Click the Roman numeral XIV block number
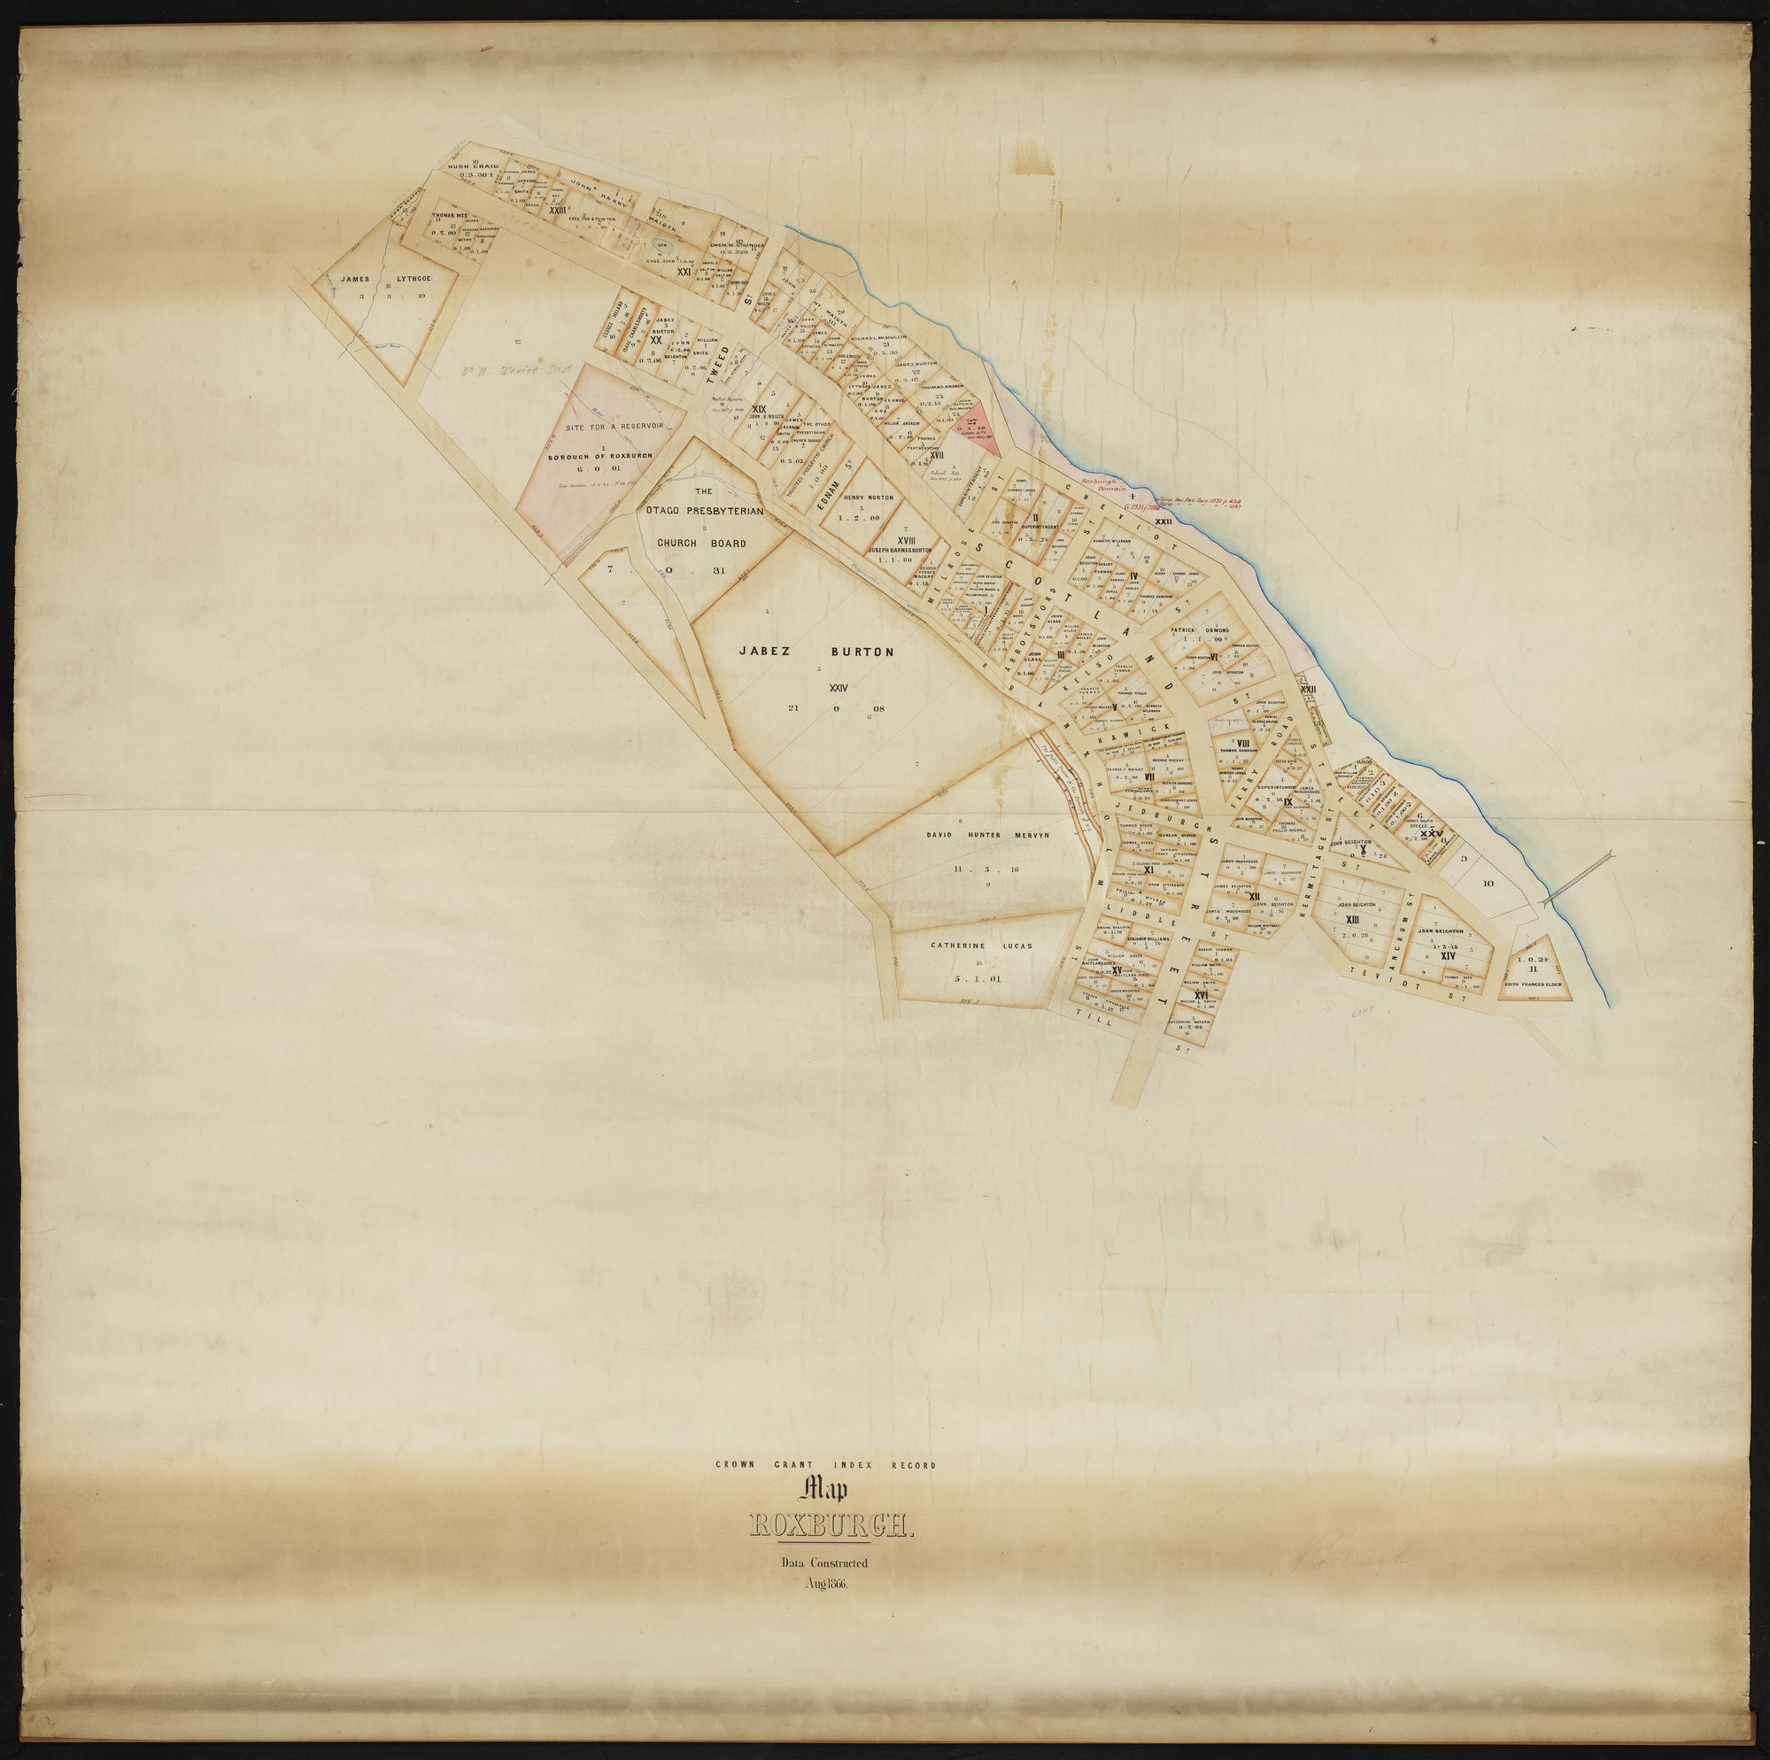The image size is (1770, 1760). (1448, 955)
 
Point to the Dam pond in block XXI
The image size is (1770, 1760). (661, 245)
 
